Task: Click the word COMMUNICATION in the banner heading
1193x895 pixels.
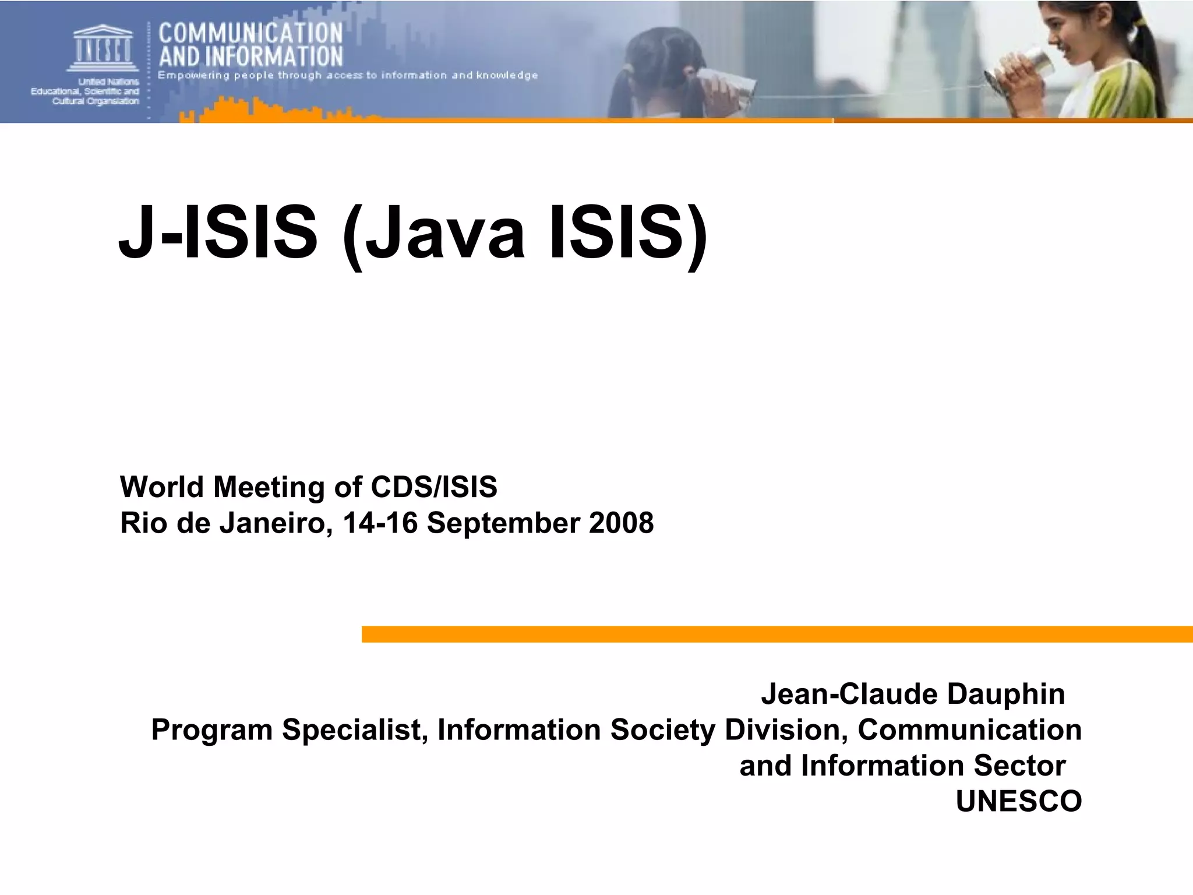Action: [250, 33]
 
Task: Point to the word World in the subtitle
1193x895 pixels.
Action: [162, 487]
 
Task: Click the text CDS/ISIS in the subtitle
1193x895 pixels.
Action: [434, 487]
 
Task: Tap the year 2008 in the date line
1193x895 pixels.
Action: [621, 523]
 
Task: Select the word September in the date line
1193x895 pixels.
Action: [503, 523]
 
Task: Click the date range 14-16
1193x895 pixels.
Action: [380, 523]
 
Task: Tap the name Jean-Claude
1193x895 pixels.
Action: [849, 694]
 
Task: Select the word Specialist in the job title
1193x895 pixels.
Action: [355, 730]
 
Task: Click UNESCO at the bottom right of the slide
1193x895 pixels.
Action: [1019, 801]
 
